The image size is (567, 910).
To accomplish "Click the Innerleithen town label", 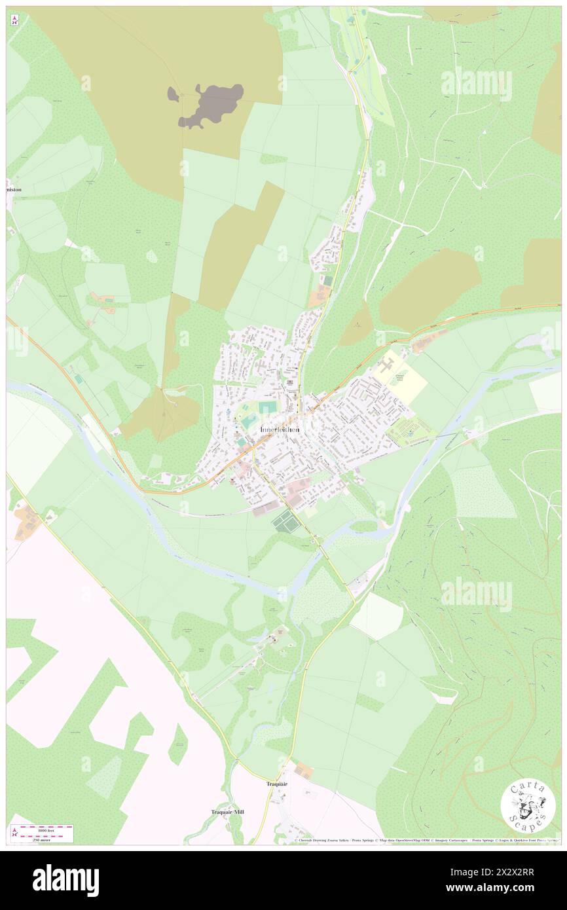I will pyautogui.click(x=280, y=429).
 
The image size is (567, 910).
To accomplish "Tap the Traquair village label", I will pyautogui.click(x=277, y=784).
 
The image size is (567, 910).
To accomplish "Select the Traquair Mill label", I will pyautogui.click(x=227, y=812).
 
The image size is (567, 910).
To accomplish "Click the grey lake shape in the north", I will pyautogui.click(x=208, y=105).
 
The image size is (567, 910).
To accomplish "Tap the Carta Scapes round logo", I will pyautogui.click(x=528, y=807).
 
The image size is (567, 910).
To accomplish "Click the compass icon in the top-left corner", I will pyautogui.click(x=15, y=20).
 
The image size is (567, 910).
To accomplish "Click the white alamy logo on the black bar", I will pyautogui.click(x=65, y=880).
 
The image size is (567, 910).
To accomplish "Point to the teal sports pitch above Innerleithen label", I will pyautogui.click(x=267, y=407).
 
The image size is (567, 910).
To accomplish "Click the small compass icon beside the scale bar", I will pyautogui.click(x=15, y=833).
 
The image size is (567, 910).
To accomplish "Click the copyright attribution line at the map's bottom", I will pyautogui.click(x=426, y=841).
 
